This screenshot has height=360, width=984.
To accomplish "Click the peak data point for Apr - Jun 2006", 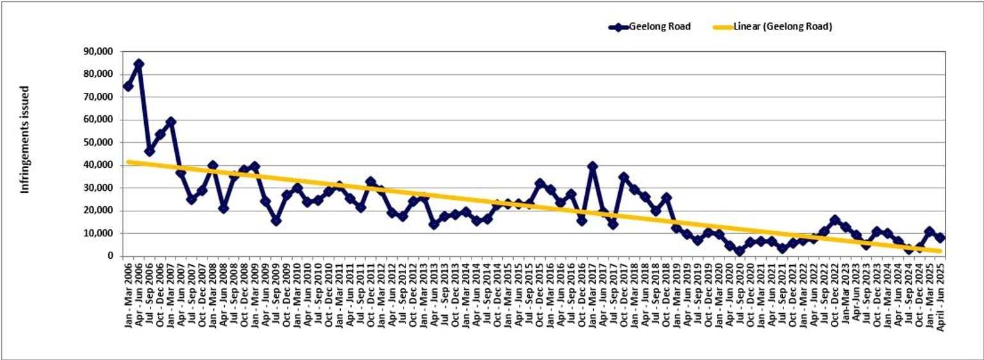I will coord(138,64).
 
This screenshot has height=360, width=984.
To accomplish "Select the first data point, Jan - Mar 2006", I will coord(128,86).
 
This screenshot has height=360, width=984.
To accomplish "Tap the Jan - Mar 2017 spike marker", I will coord(593,167).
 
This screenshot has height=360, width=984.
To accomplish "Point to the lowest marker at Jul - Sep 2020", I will coord(739,251).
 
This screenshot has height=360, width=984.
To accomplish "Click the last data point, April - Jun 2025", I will coord(940,238).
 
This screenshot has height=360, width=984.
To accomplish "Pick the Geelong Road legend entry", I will coord(650,27).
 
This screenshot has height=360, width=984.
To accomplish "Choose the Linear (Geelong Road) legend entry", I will coord(773,27).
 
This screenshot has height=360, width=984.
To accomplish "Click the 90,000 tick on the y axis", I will coord(99,51).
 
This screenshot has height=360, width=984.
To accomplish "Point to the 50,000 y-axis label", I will coord(99,142).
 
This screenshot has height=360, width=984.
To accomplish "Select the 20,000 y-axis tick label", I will coord(99,211).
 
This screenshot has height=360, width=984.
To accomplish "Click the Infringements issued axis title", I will coord(25,140).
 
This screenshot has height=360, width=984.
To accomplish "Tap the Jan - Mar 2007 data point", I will coord(170,122).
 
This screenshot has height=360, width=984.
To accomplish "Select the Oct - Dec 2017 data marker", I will coord(624,177).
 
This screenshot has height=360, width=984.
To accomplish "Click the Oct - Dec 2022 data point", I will coord(835,220).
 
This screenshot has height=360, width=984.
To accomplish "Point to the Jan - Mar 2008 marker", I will coord(213,166).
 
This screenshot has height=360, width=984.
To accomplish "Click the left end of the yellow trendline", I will coord(128,162).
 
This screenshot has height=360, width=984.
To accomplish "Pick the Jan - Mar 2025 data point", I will coord(930,231).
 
